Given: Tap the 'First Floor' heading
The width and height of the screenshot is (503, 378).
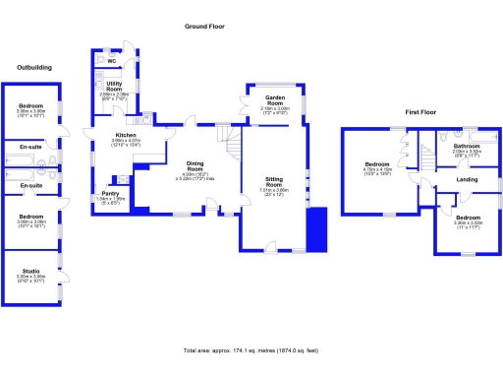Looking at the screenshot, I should pyautogui.click(x=420, y=113).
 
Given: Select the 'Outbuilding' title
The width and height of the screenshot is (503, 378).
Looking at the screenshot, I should pyautogui.click(x=34, y=68).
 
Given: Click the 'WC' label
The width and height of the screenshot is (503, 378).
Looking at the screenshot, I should pyautogui.click(x=125, y=61).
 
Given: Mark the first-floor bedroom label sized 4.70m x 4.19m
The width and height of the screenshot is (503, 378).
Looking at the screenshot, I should pyautogui.click(x=378, y=163).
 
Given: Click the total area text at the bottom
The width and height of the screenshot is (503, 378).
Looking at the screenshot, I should pyautogui.click(x=250, y=350).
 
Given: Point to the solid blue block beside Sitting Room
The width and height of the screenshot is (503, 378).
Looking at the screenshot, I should pyautogui.click(x=315, y=231).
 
